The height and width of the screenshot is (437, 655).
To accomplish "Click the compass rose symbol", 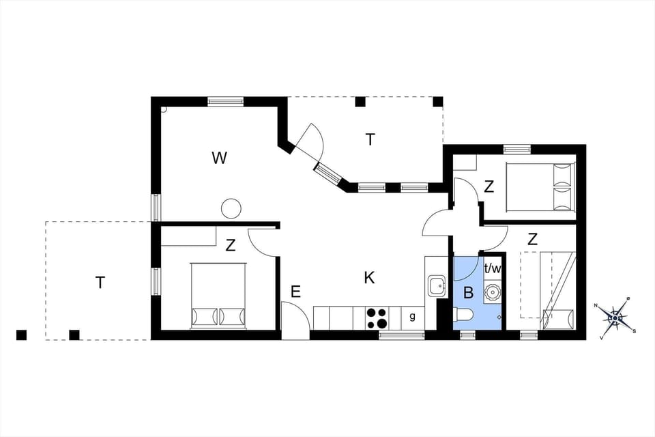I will click(615, 317).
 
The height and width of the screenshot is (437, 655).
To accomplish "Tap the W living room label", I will click(219, 158).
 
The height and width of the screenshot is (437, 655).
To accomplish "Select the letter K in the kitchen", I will click(369, 277).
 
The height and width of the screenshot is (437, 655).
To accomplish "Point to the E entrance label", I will click(295, 292).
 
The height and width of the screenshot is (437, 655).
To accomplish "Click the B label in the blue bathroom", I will click(468, 294).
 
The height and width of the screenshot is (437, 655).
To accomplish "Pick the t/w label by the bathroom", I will click(493, 268).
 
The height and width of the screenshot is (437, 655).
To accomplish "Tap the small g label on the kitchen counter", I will click(412, 316).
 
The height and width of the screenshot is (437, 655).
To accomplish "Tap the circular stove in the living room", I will click(231, 208).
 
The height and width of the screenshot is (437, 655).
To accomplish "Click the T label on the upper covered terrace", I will click(370, 140).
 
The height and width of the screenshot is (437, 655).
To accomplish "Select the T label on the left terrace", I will click(100, 282).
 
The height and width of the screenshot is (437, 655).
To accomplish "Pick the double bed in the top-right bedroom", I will click(539, 186).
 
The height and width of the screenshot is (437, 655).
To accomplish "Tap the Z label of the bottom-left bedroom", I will click(231, 246).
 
